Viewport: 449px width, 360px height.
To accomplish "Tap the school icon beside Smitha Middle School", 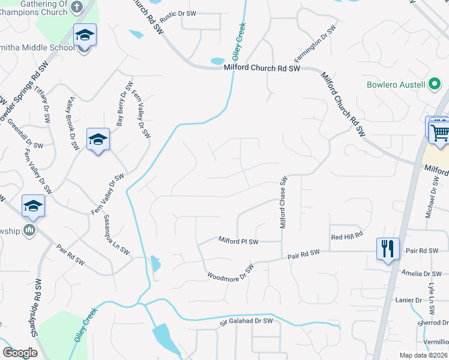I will (x=85, y=36).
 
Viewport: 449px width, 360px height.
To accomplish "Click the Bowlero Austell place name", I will (x=396, y=85).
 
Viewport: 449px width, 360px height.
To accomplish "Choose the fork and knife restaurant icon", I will (x=387, y=247).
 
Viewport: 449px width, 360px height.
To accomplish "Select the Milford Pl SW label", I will (x=238, y=242).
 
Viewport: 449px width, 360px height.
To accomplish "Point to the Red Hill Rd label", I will (x=348, y=237).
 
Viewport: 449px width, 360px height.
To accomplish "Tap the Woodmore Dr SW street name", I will (x=231, y=272).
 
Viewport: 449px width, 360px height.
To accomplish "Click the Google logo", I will (x=20, y=352).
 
